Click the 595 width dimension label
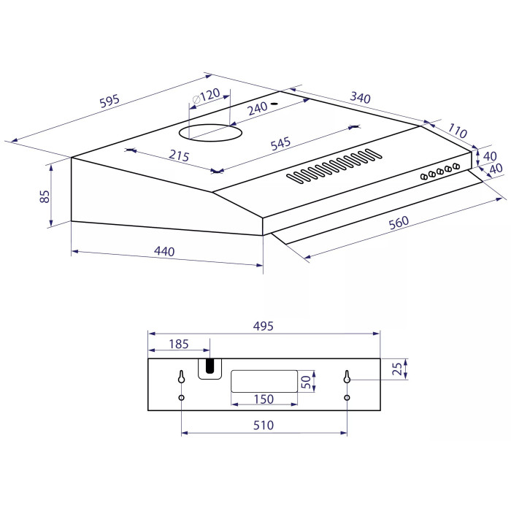click(109, 101)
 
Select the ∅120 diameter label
click(207, 96)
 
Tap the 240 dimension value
click(258, 108)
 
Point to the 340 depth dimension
click(360, 97)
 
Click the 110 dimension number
click(457, 131)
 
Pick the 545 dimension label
click(280, 144)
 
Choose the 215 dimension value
click(179, 155)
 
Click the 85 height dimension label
click(45, 196)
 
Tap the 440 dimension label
click(164, 251)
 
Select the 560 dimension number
click(399, 223)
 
